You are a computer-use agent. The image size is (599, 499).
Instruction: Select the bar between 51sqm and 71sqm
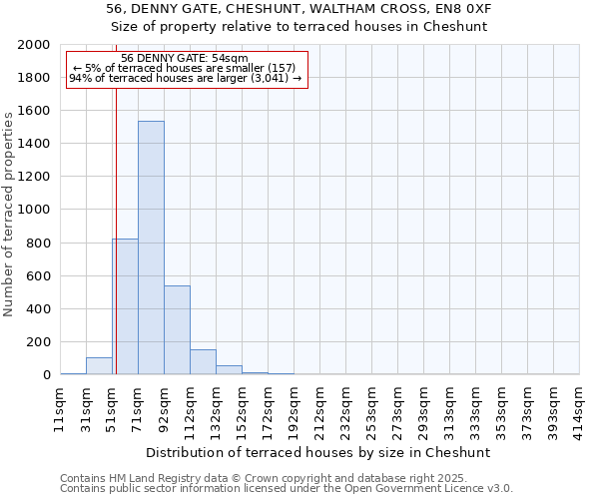tap(125, 306)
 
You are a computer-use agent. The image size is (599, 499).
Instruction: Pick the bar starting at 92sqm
tap(177, 329)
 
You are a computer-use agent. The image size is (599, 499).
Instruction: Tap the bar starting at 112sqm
tap(203, 362)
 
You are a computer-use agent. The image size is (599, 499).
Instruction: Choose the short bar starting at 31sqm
tap(99, 366)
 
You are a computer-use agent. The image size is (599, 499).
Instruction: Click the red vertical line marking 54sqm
tap(116, 220)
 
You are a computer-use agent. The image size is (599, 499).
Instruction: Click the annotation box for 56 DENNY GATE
tap(185, 69)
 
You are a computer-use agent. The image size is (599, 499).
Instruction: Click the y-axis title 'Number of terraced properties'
tap(9, 215)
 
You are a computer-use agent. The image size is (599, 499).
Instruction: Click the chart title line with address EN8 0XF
tap(299, 9)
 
